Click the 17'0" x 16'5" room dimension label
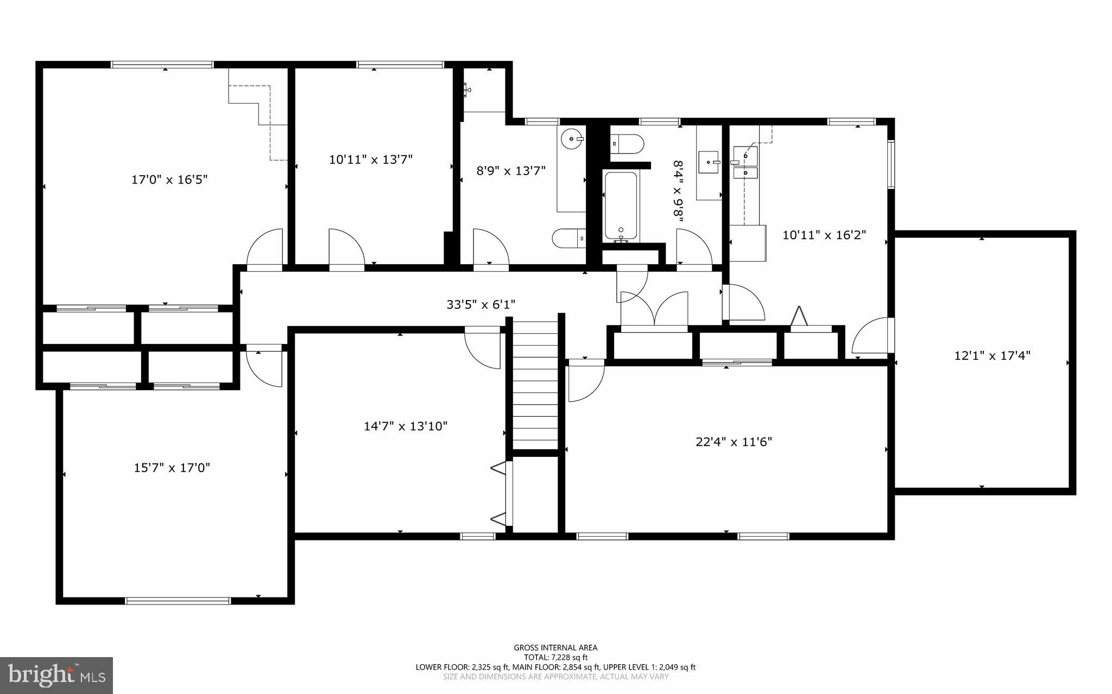coord(169,180)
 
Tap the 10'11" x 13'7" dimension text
coord(371,160)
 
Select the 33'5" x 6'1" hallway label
coord(481,304)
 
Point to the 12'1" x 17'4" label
coord(992,356)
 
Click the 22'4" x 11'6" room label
coord(734,442)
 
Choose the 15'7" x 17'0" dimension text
coord(172,468)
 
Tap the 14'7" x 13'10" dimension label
coord(406,426)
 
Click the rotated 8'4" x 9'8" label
coord(678,191)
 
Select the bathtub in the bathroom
coord(621,206)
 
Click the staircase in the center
coord(535,383)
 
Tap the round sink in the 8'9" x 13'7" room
coord(571,138)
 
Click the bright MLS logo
coord(56,674)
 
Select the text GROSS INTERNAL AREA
coord(555,647)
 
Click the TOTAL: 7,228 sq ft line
coord(555,657)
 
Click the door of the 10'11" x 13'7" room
coord(346,249)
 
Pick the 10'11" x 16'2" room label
coord(824,235)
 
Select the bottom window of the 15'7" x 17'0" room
coord(178,601)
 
